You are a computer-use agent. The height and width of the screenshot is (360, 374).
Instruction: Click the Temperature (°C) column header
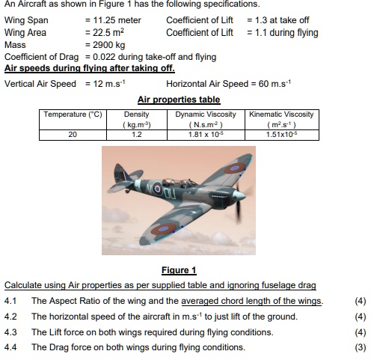tap(73, 115)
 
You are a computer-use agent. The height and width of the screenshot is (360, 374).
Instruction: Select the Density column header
tap(136, 119)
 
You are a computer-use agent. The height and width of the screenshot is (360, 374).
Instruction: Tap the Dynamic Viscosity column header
tap(206, 119)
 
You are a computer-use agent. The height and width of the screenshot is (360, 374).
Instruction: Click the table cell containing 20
tap(73, 135)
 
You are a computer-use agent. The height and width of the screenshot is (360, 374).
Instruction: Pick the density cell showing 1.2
tap(136, 135)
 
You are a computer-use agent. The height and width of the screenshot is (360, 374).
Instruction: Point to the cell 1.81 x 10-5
tap(206, 135)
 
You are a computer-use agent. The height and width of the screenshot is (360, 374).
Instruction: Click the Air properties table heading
tap(179, 99)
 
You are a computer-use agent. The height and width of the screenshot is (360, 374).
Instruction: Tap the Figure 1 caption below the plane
tap(179, 270)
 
